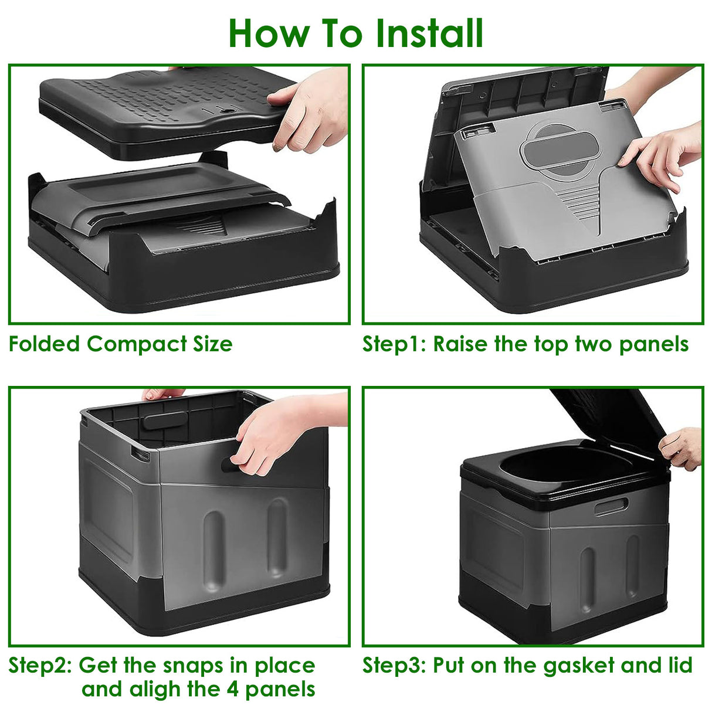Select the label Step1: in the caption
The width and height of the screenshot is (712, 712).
coord(394,344)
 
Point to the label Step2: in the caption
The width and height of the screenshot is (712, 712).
coord(40,665)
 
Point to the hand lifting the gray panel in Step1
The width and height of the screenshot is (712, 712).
coord(663,152)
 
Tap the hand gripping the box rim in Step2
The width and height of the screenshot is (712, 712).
coord(273,434)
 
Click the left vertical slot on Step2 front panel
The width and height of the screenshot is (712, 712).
coord(213,548)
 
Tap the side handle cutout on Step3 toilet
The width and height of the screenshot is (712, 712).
coord(611,506)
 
